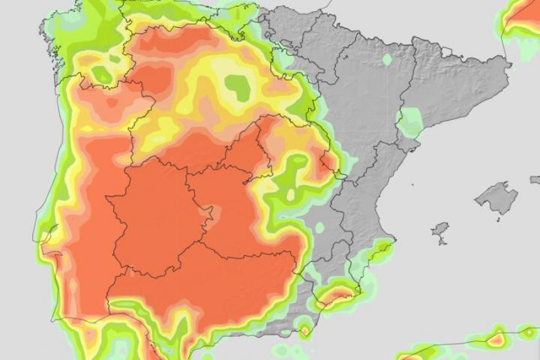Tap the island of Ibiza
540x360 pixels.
(x=441, y=229)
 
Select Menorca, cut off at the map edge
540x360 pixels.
(x=535, y=180)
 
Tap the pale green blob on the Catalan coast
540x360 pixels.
(x=409, y=121)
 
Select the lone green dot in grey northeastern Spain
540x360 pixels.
(x=387, y=59)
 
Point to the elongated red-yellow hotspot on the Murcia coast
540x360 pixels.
(x=336, y=295)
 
